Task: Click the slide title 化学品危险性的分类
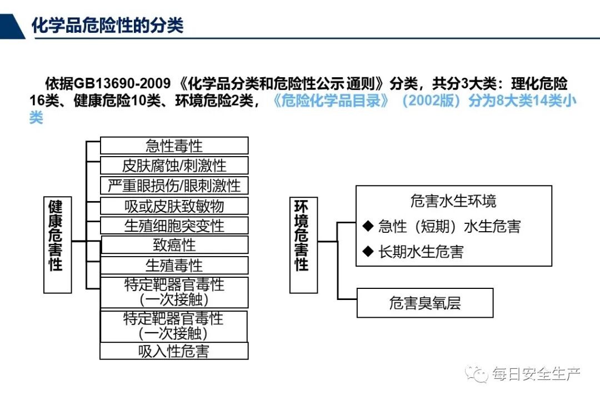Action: click(107, 25)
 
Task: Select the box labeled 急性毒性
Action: click(174, 146)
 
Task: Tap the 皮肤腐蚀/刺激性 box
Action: click(174, 166)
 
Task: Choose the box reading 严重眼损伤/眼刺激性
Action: click(174, 186)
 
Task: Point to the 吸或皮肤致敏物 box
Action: click(174, 206)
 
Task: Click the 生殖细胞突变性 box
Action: click(174, 226)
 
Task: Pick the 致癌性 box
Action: click(174, 245)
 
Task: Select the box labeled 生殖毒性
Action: click(174, 265)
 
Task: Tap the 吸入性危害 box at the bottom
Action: click(174, 351)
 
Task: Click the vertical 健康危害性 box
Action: click(57, 244)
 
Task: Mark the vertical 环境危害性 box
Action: click(303, 244)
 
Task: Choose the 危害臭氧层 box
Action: click(425, 303)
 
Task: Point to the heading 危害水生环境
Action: click(453, 201)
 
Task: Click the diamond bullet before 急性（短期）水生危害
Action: click(367, 226)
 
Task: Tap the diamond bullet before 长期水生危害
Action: click(367, 251)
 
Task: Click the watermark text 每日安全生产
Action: click(536, 374)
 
